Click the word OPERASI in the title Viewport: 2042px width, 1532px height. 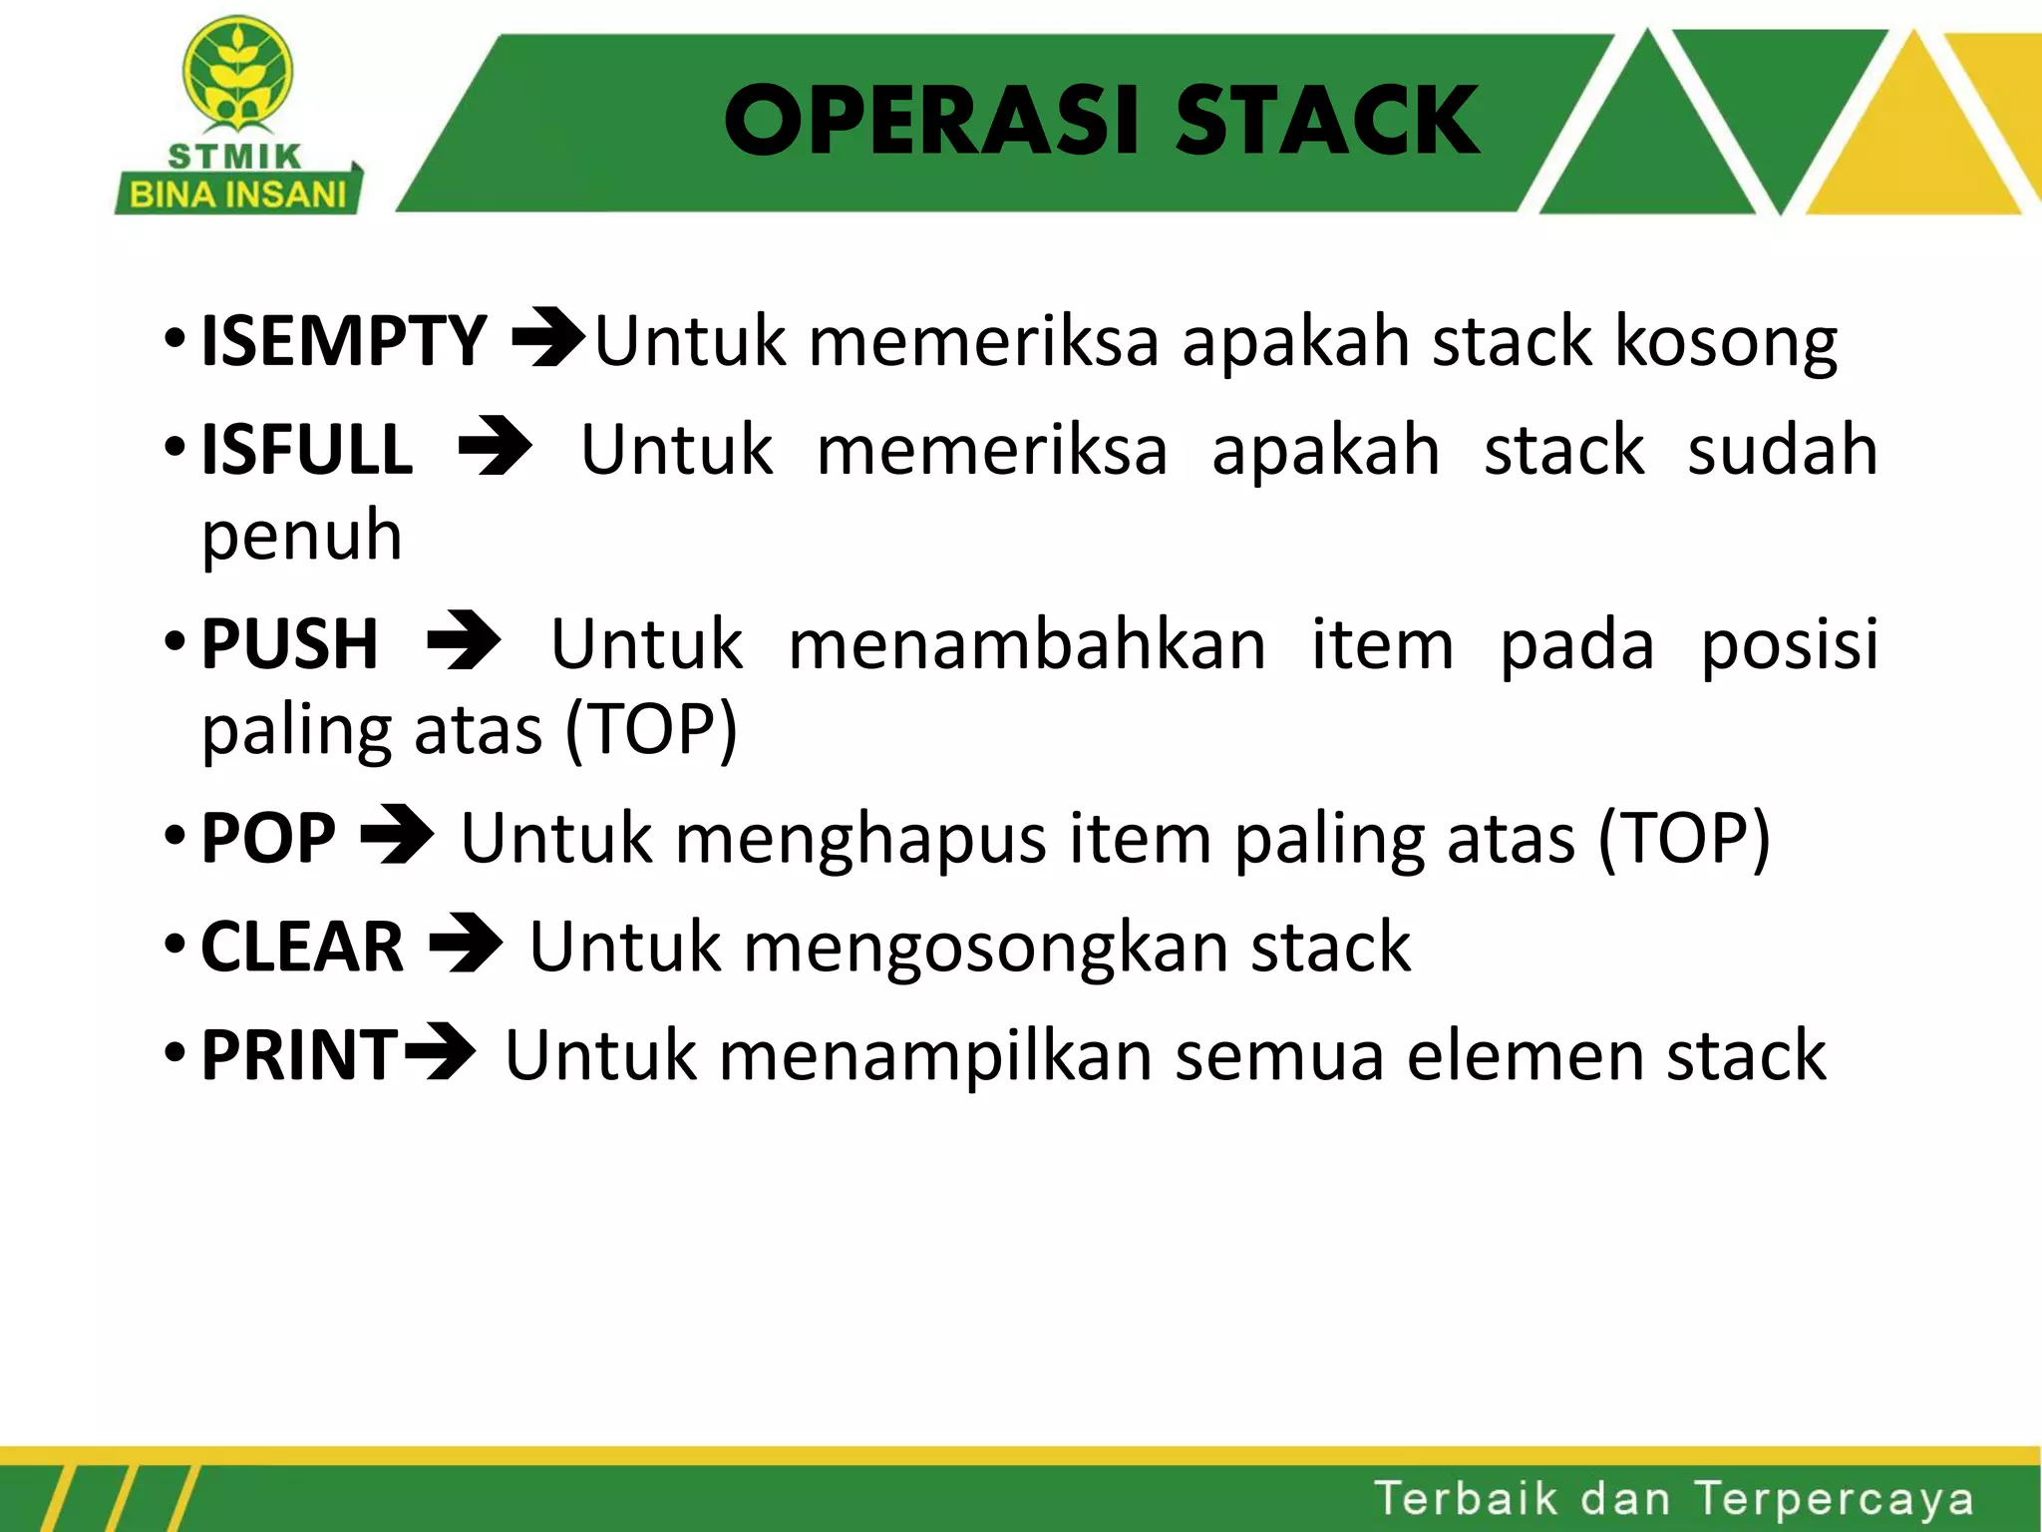931,121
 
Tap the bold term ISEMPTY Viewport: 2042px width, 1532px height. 344,341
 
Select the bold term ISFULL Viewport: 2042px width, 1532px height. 307,450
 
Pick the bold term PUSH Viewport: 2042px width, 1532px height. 290,644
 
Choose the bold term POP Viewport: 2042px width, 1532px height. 268,838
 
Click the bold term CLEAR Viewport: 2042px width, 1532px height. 302,947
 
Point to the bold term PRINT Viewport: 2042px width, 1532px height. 299,1055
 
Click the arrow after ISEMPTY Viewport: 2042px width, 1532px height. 547,339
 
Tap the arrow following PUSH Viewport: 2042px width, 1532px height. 464,641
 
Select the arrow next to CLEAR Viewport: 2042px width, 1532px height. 466,944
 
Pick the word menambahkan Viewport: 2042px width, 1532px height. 1027,644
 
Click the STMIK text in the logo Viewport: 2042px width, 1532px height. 234,157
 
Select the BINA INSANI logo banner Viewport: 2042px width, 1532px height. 237,193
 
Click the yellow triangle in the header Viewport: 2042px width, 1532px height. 1912,140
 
